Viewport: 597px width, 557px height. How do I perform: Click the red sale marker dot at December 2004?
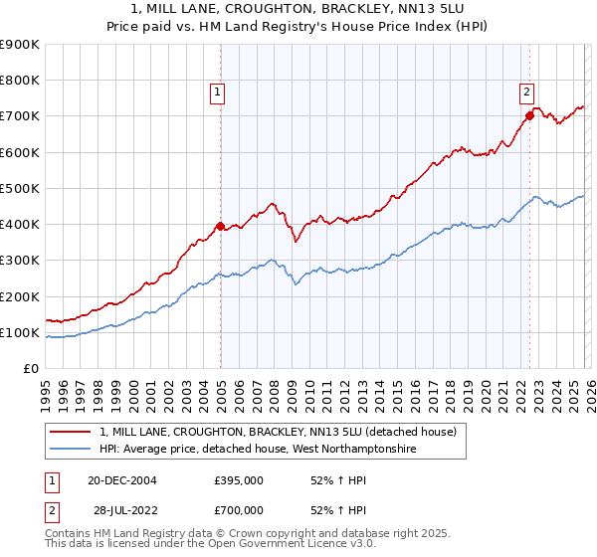tap(220, 226)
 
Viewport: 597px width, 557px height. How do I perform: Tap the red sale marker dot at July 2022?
tap(529, 115)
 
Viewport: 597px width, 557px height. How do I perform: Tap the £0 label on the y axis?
tap(32, 369)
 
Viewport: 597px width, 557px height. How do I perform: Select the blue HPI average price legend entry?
tap(257, 450)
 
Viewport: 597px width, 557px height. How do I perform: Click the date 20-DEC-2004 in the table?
tap(121, 479)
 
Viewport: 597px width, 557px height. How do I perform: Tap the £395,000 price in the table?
tap(238, 479)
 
